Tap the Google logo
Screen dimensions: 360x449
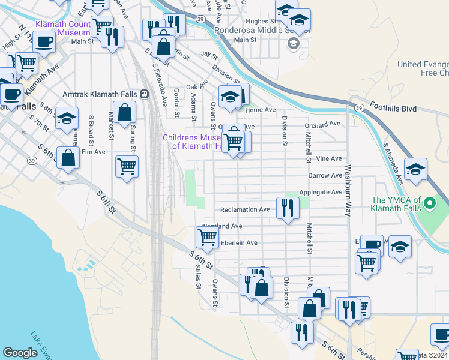tap(20, 353)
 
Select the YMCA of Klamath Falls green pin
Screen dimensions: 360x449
tap(429, 204)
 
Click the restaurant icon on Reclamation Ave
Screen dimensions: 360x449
tap(288, 208)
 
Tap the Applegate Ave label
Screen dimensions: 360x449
tap(321, 193)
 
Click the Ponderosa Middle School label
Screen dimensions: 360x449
tap(257, 29)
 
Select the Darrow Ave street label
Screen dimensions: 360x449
tap(325, 175)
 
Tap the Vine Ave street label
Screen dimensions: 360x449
tap(328, 158)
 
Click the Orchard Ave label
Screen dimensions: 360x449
tap(322, 124)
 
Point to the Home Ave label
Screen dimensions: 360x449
tap(261, 110)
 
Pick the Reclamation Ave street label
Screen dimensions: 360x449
tap(245, 209)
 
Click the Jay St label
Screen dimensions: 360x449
tap(209, 54)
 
